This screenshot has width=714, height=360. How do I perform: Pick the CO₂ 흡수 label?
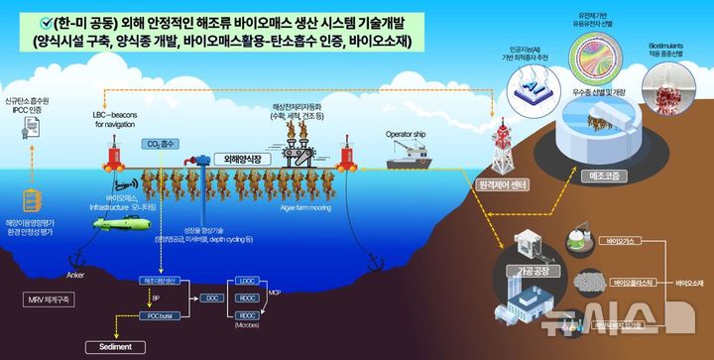click(157, 143)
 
